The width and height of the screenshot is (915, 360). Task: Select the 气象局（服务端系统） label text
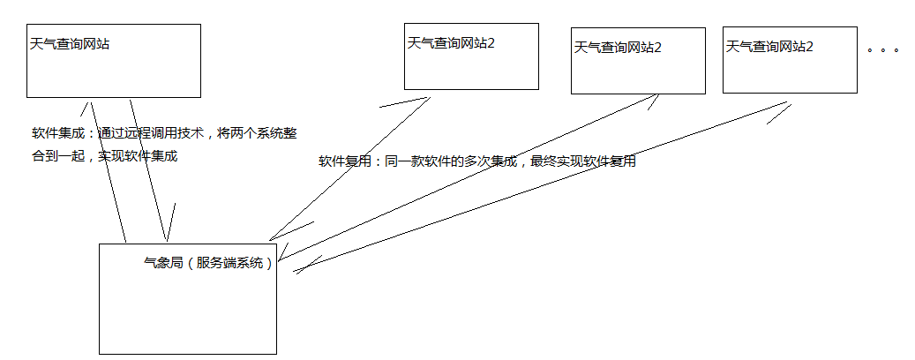(x=209, y=263)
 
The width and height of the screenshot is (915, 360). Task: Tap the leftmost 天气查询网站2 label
(x=451, y=42)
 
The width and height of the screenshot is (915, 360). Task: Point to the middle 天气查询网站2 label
(x=618, y=47)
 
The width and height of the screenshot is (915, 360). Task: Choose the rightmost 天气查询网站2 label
(x=769, y=46)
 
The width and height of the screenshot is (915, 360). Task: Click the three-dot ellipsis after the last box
(x=882, y=50)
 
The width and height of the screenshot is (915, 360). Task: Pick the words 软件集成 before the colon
(x=56, y=133)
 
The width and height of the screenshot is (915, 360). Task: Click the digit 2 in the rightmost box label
(x=809, y=46)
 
